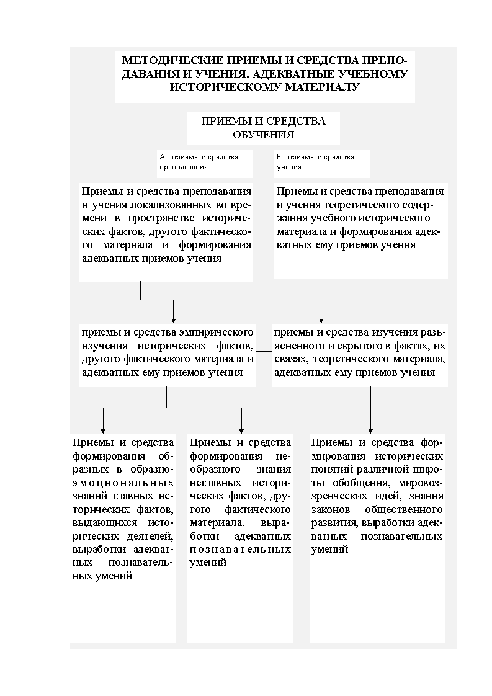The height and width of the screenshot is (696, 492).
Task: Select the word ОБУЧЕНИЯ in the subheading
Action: (x=263, y=134)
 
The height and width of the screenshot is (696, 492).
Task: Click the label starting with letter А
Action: (x=199, y=162)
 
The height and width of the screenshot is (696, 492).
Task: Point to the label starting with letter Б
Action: (x=315, y=162)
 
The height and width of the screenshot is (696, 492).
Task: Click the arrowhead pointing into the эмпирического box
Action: (x=173, y=318)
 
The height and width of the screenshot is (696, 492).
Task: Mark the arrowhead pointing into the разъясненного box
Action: (x=321, y=318)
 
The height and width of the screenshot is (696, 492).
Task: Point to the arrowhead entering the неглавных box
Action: (x=241, y=428)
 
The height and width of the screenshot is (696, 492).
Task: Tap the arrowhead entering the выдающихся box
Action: (x=103, y=428)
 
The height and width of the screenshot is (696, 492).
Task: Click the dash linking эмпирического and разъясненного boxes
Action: (x=264, y=352)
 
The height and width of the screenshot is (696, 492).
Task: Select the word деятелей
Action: (x=151, y=536)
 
